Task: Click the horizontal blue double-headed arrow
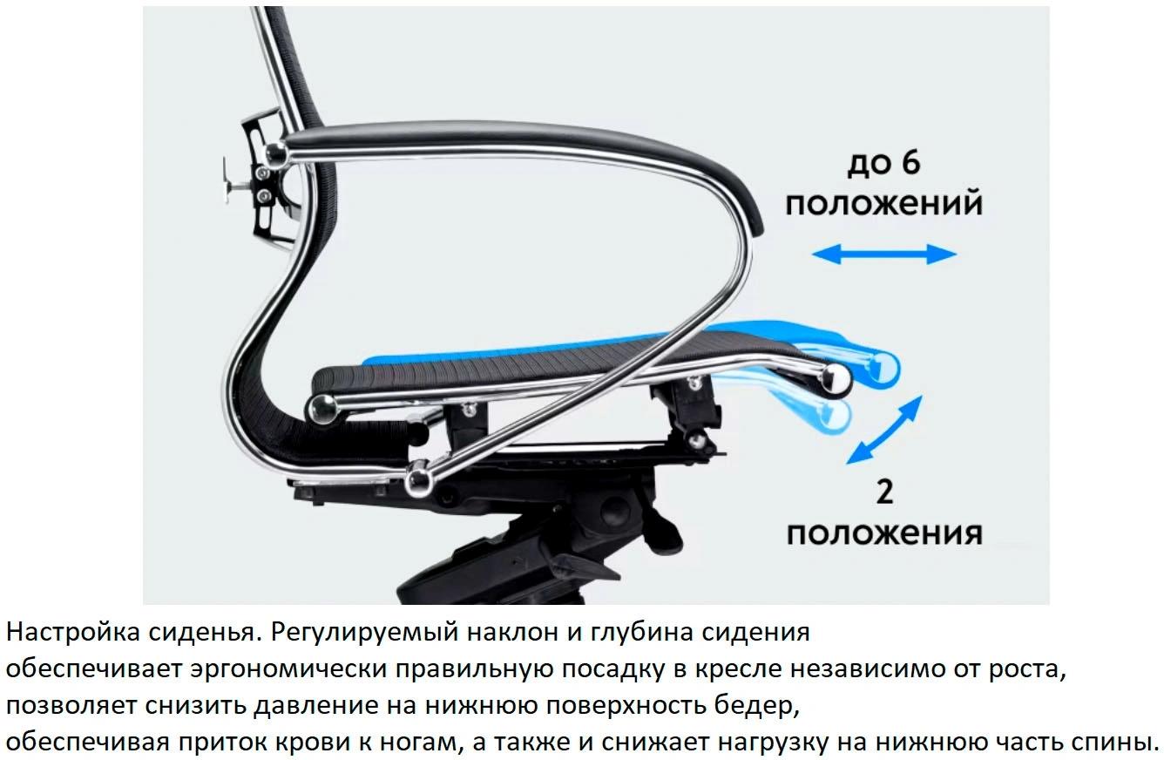[884, 254]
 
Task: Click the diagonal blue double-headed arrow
[884, 430]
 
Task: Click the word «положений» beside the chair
[884, 203]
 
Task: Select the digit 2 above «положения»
[884, 492]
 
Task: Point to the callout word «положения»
[884, 533]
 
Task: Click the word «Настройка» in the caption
[73, 632]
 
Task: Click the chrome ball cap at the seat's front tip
[835, 378]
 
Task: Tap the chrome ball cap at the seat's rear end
[323, 409]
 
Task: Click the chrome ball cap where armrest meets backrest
[276, 153]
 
